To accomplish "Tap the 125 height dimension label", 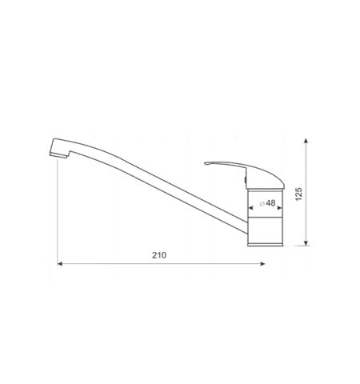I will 298,194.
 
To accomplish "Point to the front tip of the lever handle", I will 207,165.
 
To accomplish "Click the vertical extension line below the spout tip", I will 58,216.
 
